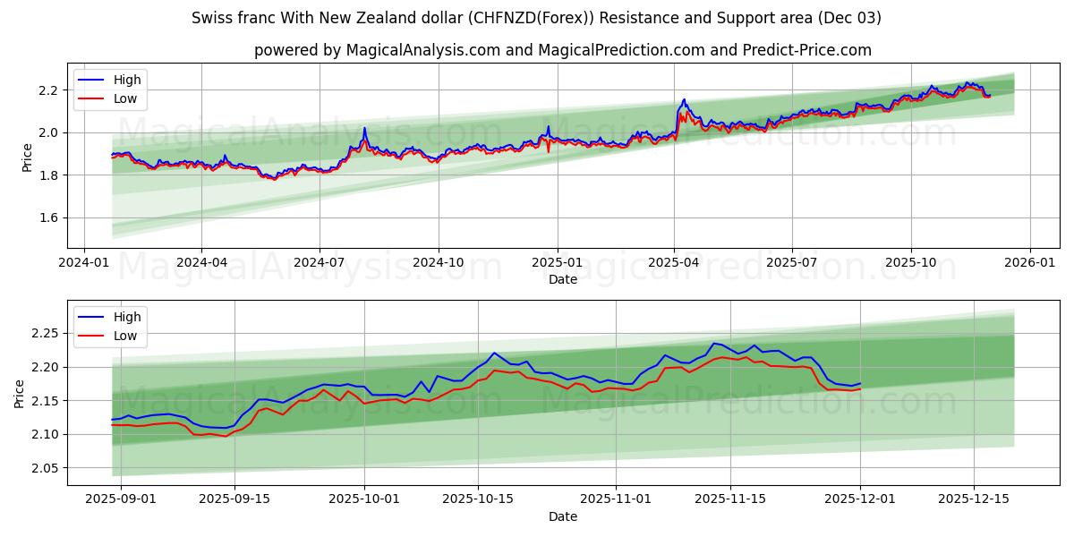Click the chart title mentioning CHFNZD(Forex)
click(x=536, y=18)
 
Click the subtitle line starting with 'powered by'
click(x=562, y=50)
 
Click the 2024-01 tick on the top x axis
click(x=84, y=262)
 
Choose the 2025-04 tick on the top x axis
click(x=674, y=262)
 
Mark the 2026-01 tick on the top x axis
click(x=1029, y=262)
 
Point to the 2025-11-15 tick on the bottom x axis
click(x=730, y=499)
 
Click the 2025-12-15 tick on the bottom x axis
click(x=973, y=499)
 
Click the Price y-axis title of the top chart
click(x=27, y=158)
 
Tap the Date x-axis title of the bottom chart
click(x=562, y=516)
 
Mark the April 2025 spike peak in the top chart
click(x=684, y=99)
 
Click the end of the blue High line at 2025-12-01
click(x=860, y=383)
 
